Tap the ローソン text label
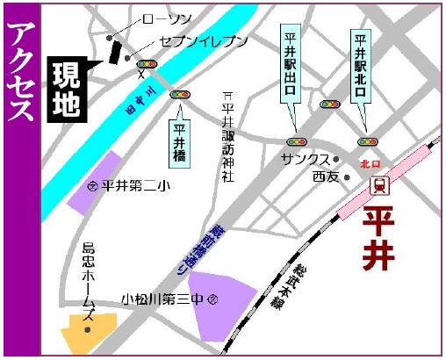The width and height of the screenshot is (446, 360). tap(162, 18)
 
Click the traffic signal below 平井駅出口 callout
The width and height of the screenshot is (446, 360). tap(297, 140)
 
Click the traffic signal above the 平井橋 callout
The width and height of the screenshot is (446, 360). tap(181, 94)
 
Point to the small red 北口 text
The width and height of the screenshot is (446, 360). tap(370, 163)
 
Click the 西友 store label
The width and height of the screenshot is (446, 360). tap(325, 176)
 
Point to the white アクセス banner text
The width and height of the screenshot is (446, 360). tap(19, 70)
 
